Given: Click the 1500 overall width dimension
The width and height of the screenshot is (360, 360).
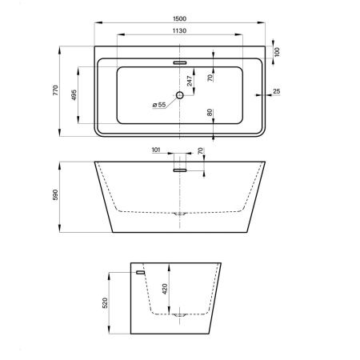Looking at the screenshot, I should pos(180,18).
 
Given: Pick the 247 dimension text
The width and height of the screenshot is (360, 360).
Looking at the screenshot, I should pos(190,80).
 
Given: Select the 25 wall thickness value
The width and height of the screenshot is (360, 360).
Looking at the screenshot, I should pos(276,91).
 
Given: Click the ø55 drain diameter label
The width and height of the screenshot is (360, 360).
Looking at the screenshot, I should pos(158,105).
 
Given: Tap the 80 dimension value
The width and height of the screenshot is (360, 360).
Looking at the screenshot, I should pos(210,114).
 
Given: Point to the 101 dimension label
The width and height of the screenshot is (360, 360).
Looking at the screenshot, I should pos(156,149).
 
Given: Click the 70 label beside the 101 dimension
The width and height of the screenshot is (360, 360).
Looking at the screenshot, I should pos(200,150).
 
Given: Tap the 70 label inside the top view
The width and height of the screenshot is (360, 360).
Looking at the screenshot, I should pos(210,78).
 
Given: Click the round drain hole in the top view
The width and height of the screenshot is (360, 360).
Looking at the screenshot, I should pos(180,96).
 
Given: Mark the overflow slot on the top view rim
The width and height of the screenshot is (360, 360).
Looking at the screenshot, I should pos(179,61).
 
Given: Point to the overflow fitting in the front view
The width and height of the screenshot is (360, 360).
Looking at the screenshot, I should pos(180,167).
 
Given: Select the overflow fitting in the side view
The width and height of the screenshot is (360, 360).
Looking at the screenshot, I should pos(141,273).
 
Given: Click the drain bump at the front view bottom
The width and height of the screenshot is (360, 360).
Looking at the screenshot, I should pos(180,214).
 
